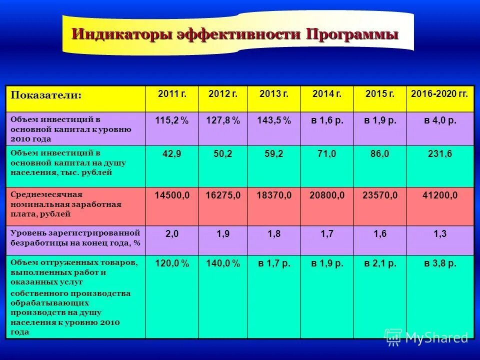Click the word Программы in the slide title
pos(352,34)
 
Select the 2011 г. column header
pos(171,93)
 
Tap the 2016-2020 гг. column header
pos(439,93)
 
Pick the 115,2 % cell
pos(171,121)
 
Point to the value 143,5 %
pos(274,121)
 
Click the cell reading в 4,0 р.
pos(440,121)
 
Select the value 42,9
pos(171,154)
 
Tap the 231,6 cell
pos(440,154)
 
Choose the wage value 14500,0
pos(171,195)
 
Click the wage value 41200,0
pos(440,195)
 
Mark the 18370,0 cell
pos(274,195)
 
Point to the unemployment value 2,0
pos(171,233)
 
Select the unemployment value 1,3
pos(440,233)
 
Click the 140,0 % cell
pos(223,264)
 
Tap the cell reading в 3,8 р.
pos(440,264)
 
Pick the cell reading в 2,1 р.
pos(380,264)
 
